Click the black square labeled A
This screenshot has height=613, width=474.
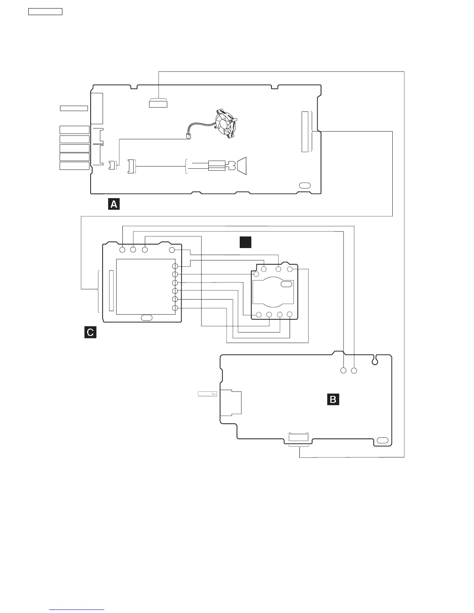click(113, 204)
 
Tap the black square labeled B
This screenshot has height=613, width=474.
click(333, 399)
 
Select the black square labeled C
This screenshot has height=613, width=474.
click(90, 332)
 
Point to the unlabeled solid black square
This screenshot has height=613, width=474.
click(246, 242)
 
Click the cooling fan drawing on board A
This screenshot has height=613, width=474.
click(225, 122)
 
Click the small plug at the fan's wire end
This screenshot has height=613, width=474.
click(189, 136)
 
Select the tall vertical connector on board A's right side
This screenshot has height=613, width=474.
click(305, 132)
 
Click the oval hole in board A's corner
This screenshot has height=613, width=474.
click(305, 185)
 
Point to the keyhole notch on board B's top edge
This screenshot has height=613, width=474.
click(375, 361)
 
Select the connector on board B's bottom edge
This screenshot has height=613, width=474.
click(299, 438)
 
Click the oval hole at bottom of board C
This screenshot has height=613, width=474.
click(146, 318)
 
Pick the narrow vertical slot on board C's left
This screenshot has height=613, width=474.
click(112, 291)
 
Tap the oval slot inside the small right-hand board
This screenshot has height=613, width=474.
click(287, 284)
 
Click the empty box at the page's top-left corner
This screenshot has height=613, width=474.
click(45, 11)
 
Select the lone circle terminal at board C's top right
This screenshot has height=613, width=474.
click(172, 250)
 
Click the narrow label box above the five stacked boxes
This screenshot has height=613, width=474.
click(74, 108)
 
